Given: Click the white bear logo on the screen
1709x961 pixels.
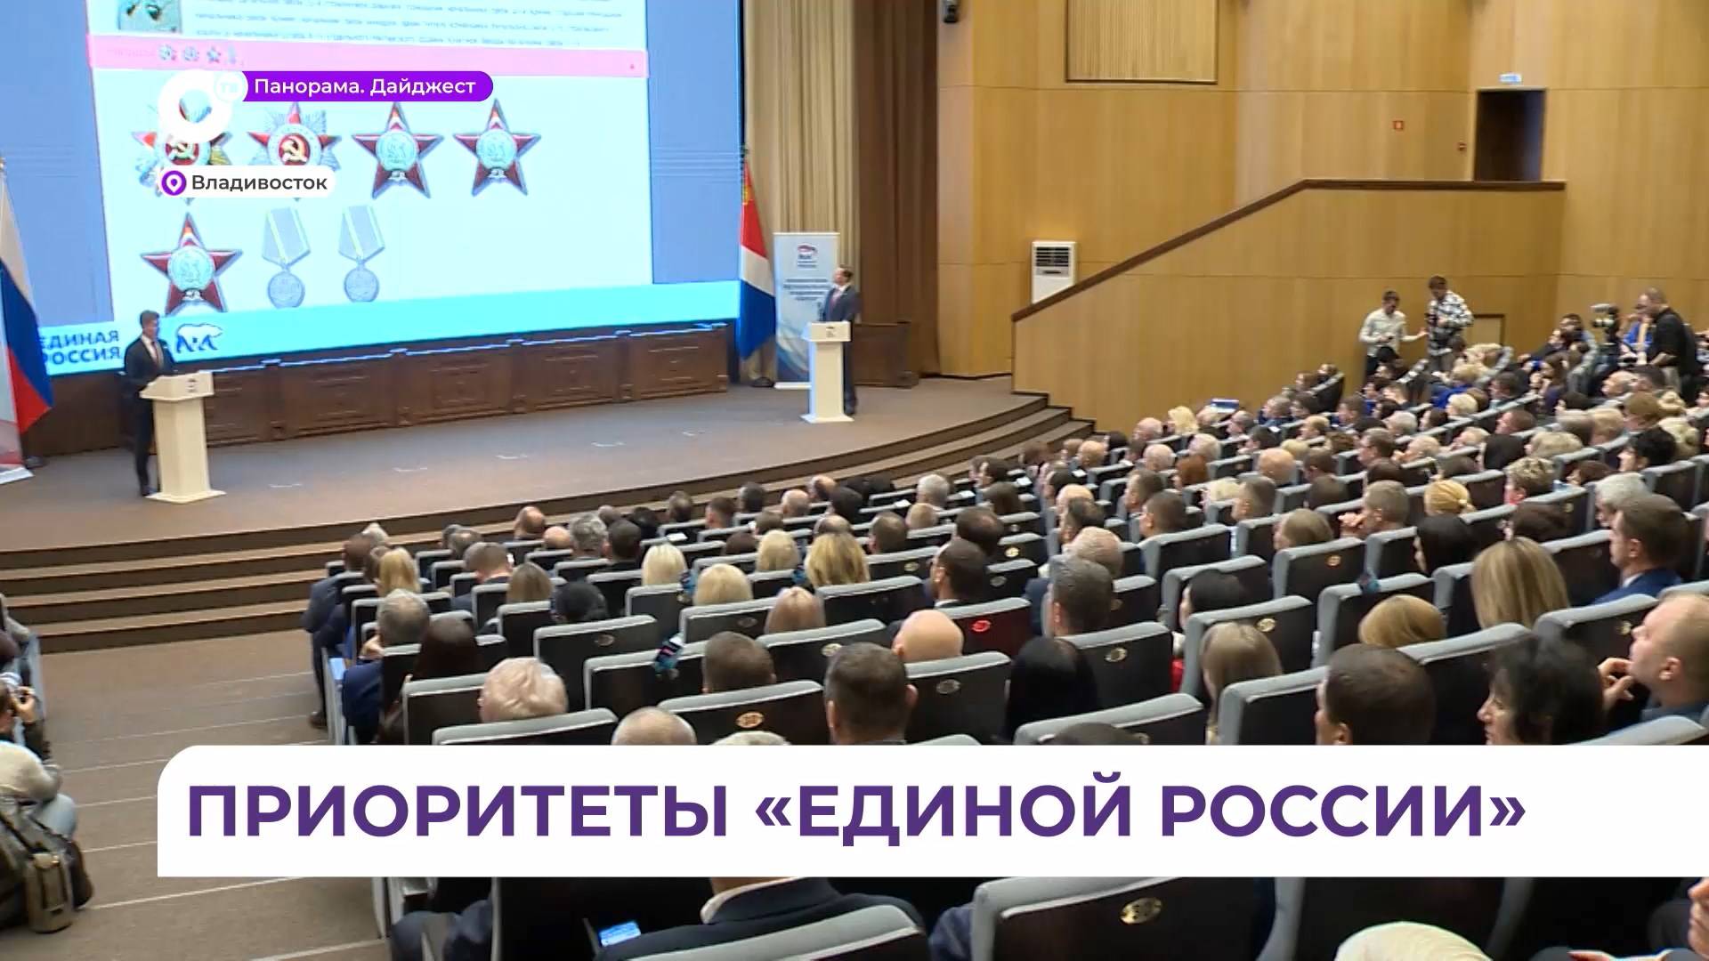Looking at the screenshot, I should tap(199, 339).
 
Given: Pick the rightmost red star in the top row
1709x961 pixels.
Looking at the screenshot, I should tap(496, 147).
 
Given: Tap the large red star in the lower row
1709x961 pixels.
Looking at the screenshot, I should tap(190, 262).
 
